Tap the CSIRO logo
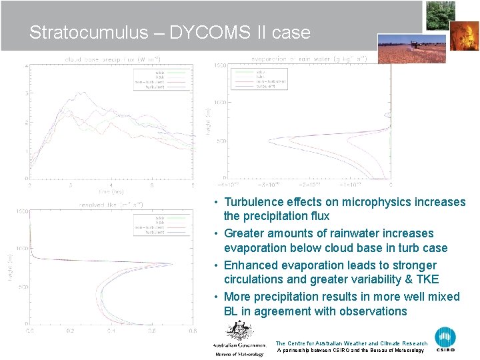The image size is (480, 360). [445, 339]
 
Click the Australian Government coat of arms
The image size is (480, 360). [239, 332]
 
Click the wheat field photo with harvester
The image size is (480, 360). [412, 48]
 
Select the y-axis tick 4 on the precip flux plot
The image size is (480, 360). [26, 65]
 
